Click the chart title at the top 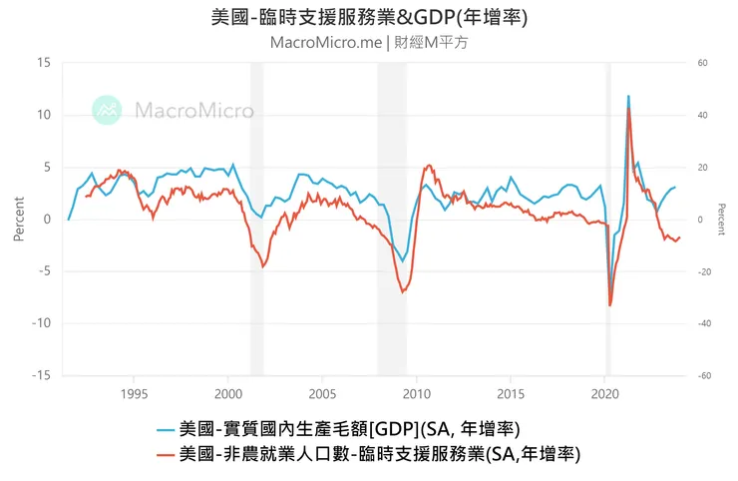pos(369,18)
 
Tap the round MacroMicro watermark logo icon pos(107,110)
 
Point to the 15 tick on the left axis pos(43,63)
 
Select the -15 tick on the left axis pos(40,375)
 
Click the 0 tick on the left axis pos(47,220)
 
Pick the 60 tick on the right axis pos(702,63)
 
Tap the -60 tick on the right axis pos(702,375)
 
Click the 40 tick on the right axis pos(702,115)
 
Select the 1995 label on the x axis pos(135,392)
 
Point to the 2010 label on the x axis pos(417,392)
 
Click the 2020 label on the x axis pos(605,392)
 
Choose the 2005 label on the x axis pos(323,392)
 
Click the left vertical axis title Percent pos(18,220)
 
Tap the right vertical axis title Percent pos(722,220)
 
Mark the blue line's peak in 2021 pos(628,97)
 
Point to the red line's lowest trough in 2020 pos(609,305)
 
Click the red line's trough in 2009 pos(402,291)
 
